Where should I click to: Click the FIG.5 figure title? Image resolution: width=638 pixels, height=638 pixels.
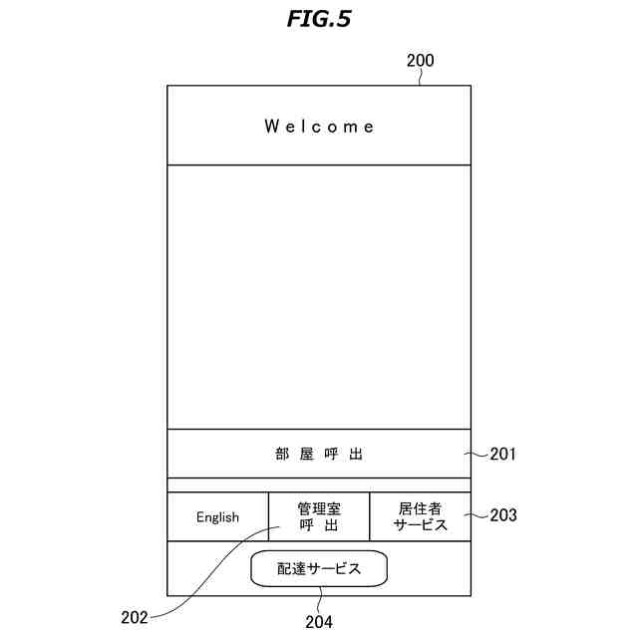[319, 18]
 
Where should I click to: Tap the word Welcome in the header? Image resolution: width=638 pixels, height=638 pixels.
[319, 127]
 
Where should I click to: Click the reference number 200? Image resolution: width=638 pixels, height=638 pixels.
[420, 61]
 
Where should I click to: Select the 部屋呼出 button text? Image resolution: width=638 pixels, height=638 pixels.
[319, 455]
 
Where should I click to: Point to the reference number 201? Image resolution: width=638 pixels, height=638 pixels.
[503, 455]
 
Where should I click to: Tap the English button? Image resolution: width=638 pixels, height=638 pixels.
[217, 517]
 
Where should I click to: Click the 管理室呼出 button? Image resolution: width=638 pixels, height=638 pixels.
[319, 517]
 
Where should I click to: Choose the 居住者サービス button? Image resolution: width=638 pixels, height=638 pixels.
[420, 517]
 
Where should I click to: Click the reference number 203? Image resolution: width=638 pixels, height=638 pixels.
[503, 515]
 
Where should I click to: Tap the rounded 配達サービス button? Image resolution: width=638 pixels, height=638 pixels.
[318, 568]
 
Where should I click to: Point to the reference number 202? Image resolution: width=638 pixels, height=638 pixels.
[135, 618]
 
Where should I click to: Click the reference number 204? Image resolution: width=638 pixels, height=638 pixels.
[319, 622]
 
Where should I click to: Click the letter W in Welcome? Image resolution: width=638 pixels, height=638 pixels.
[271, 127]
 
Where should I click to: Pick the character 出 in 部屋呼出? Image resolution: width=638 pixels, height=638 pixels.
[356, 455]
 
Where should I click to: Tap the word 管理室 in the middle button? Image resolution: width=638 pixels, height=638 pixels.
[319, 508]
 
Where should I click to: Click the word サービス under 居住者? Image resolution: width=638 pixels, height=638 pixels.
[420, 526]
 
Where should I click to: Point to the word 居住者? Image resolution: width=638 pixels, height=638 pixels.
[420, 508]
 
